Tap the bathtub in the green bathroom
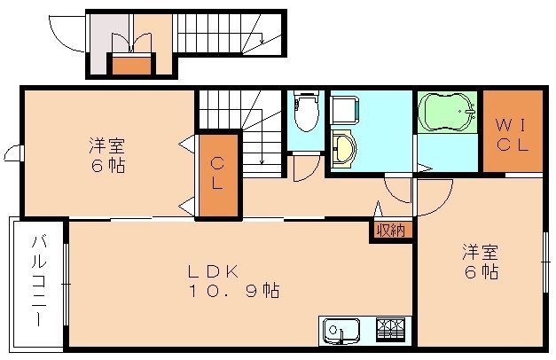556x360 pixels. [x=447, y=113]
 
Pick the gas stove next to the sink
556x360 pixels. [x=391, y=329]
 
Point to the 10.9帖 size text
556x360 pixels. [x=234, y=290]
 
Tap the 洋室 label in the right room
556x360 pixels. [x=479, y=251]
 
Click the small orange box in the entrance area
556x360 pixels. [x=130, y=65]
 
